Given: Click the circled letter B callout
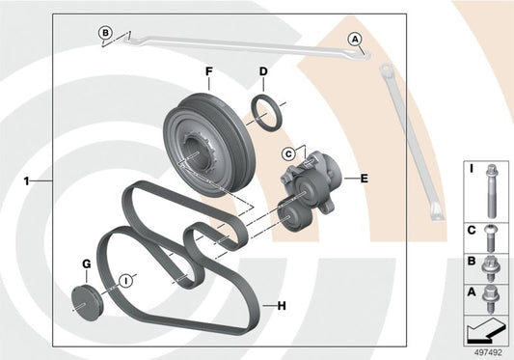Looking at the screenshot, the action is [105, 33].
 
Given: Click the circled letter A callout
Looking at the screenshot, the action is [355, 40].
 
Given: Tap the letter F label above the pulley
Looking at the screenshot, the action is [209, 71].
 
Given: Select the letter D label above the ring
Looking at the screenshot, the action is [263, 71].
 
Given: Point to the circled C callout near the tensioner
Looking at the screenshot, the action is [288, 153].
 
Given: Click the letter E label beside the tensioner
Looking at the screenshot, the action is [365, 179].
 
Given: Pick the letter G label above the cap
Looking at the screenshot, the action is [86, 264].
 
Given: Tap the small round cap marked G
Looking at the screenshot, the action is [87, 304].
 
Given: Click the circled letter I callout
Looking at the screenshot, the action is [125, 281].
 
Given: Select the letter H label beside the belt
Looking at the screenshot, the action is [282, 306].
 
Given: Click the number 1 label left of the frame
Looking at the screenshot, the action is [27, 180].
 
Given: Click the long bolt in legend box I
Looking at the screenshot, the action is [491, 191].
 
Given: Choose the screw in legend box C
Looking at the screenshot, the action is [491, 238].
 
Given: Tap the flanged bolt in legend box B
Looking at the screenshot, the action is [490, 268].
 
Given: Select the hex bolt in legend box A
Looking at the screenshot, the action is [490, 298].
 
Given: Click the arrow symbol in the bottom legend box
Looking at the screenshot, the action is [485, 330].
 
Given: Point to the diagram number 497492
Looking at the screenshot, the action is [488, 353].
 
